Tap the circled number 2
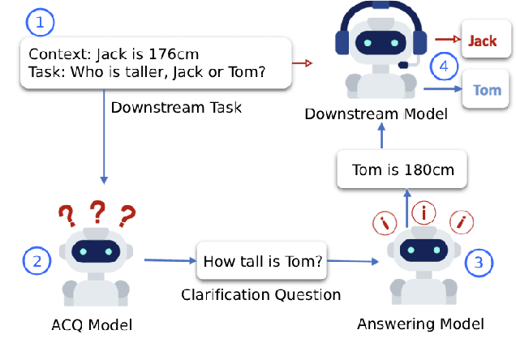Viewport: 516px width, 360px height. click(37, 261)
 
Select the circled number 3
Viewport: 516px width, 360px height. click(478, 261)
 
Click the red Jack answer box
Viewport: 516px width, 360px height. click(483, 41)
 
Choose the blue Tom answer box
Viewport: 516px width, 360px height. click(487, 90)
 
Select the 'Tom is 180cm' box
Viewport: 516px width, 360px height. click(402, 170)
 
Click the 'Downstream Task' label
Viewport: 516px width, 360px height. click(176, 107)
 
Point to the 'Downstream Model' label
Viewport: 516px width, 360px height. click(376, 114)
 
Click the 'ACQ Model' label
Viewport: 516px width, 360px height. click(91, 325)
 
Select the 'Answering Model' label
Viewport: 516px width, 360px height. click(420, 324)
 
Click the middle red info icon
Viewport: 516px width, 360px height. click(422, 212)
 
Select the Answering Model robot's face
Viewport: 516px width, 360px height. click(421, 251)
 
